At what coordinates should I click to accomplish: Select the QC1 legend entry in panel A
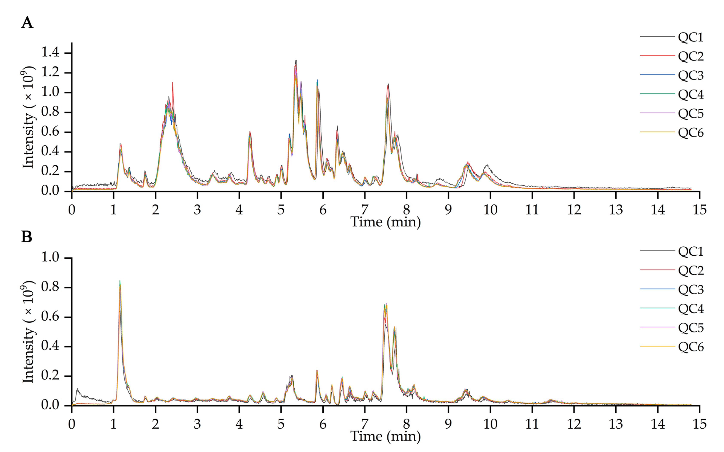[690, 37]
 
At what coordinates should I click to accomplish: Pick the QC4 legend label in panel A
[690, 94]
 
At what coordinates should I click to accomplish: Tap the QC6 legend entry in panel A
[690, 133]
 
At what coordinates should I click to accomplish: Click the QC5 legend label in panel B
[690, 328]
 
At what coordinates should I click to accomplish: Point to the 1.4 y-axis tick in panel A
[50, 53]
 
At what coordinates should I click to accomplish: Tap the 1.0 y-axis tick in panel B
[50, 257]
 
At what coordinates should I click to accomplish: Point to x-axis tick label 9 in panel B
[448, 424]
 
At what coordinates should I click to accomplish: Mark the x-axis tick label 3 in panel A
[197, 210]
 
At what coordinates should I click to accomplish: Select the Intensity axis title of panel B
[28, 332]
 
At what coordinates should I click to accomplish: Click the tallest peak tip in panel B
[120, 281]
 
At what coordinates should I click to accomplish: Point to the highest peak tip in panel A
[296, 60]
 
